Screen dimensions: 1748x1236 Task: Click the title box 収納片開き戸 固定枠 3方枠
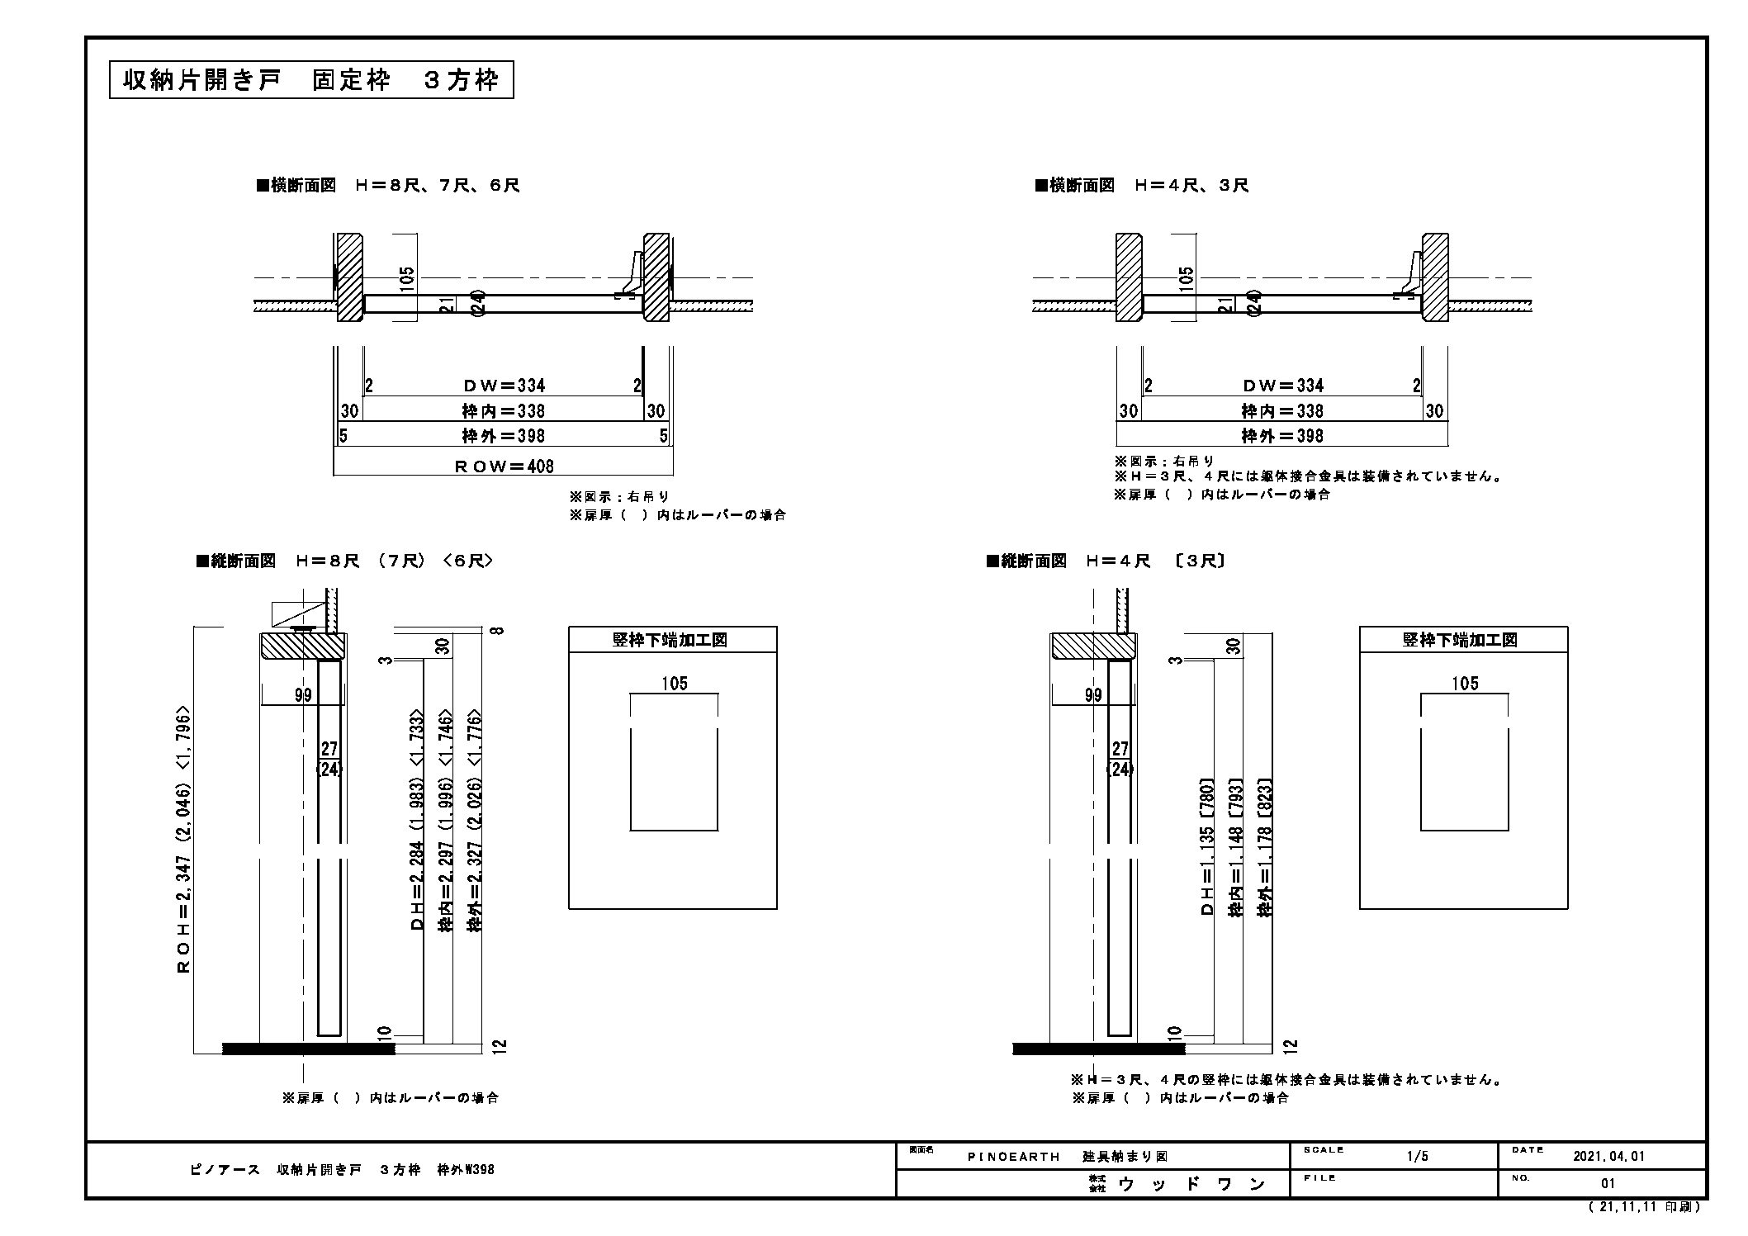311,80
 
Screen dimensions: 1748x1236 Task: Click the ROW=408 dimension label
505,466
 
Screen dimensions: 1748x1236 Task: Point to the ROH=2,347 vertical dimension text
184,839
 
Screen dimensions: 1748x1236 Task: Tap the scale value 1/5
1417,1157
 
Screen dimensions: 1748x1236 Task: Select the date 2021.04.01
1609,1157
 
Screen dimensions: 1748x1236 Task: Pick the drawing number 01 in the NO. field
1608,1183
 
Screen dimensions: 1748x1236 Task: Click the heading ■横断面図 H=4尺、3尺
1142,185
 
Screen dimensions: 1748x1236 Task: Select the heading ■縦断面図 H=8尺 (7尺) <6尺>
344,561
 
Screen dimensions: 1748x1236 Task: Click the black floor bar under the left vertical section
309,1049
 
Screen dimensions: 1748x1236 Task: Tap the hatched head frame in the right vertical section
1093,646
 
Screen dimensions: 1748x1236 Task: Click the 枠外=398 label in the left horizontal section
503,436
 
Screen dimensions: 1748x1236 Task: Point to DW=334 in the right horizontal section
1283,386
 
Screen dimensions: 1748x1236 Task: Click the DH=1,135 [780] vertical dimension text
1207,846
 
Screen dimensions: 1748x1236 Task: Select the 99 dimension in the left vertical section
303,695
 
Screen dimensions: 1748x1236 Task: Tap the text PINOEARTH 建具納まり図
1068,1157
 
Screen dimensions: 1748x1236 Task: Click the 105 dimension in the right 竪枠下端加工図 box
1465,684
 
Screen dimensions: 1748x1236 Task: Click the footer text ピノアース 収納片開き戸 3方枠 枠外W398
342,1170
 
